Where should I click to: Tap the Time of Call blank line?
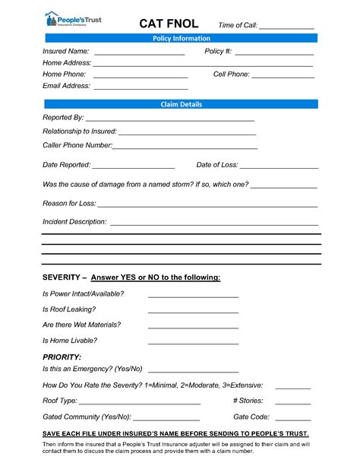coord(286,27)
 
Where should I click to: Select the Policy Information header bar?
coord(181,38)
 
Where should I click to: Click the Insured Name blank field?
coord(139,53)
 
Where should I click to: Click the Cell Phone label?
coord(231,74)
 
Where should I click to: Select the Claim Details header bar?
coord(181,104)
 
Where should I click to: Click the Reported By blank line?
coord(170,120)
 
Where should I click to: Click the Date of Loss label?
coord(217,164)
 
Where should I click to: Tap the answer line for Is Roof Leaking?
coord(193,312)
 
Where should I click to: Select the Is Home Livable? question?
coord(71,341)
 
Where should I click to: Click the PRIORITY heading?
coord(62,357)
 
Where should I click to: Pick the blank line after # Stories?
coord(293,402)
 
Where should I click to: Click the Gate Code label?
coord(251,417)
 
